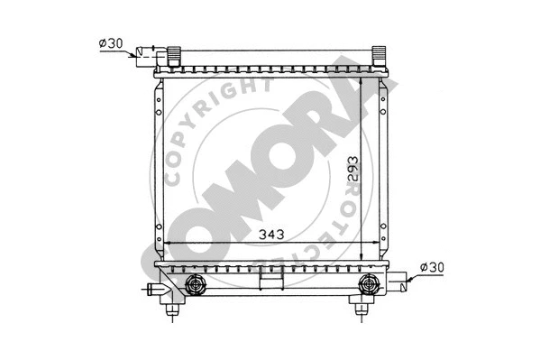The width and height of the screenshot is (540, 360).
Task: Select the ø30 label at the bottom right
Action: [x=434, y=267]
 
